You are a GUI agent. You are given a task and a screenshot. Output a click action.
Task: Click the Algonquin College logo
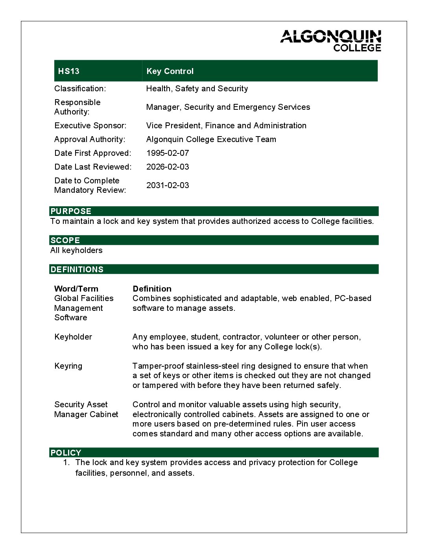tap(330, 41)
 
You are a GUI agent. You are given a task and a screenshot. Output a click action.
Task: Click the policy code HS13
tap(68, 71)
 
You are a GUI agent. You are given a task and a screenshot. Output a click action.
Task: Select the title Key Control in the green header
tap(170, 71)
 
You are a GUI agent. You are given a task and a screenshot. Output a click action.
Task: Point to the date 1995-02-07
tap(168, 153)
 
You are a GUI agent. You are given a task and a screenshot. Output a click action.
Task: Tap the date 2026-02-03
tap(168, 167)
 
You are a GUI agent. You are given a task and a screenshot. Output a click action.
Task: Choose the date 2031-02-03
tap(168, 185)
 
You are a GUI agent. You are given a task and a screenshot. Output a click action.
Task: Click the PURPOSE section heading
tap(71, 211)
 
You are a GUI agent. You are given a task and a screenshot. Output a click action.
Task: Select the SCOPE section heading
tap(65, 240)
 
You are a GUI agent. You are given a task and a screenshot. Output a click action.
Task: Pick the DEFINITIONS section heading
tap(77, 270)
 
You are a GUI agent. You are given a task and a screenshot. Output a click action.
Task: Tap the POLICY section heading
tap(66, 453)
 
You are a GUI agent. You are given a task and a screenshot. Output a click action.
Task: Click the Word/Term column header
tap(76, 289)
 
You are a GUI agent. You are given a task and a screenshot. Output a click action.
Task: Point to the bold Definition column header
tap(152, 289)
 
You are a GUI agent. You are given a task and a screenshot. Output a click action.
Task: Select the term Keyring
tap(68, 366)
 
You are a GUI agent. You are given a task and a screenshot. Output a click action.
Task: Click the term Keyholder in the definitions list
tap(73, 337)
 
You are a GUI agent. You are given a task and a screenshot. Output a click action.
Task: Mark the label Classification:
tap(80, 89)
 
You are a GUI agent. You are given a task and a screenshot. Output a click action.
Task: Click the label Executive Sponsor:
tap(90, 126)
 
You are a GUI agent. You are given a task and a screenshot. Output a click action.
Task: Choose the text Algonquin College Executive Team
tap(211, 139)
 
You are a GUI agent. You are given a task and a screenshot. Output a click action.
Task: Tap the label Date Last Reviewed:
tap(93, 167)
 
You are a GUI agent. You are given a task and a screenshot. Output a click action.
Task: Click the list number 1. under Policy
tap(66, 463)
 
